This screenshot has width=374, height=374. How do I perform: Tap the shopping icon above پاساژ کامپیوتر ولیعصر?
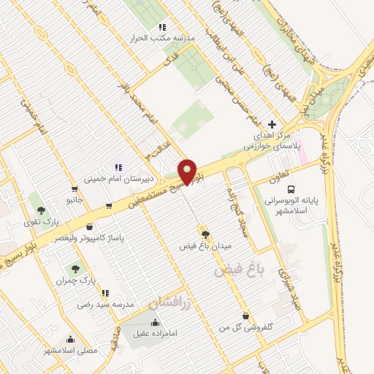(89, 227)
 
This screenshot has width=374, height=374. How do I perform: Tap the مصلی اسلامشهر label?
(70, 351)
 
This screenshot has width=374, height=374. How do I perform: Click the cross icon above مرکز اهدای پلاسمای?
(272, 124)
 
